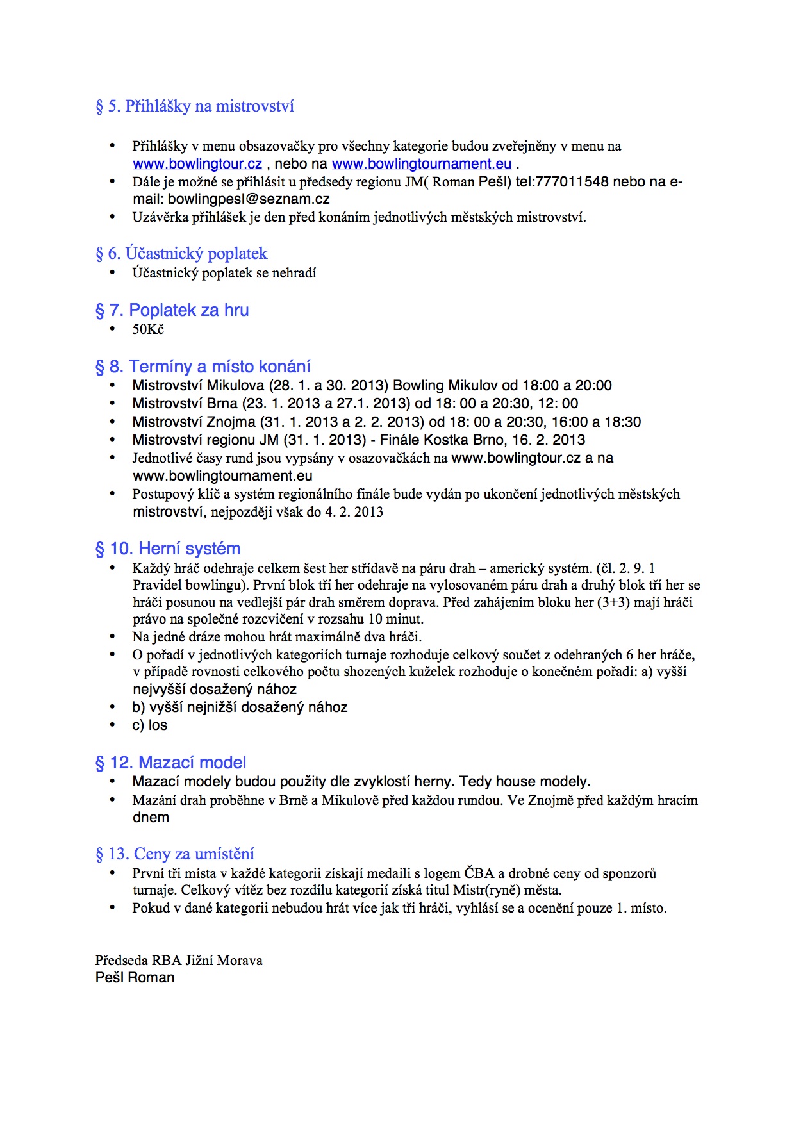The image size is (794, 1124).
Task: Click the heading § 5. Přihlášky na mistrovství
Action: (195, 106)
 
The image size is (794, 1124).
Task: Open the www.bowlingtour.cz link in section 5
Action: (197, 164)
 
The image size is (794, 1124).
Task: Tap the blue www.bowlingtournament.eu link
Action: (422, 164)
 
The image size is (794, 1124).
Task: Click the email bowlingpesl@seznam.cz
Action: (249, 199)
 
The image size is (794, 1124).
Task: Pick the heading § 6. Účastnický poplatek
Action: (181, 254)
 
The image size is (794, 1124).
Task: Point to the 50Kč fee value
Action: (148, 329)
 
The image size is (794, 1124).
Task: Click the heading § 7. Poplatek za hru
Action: (172, 310)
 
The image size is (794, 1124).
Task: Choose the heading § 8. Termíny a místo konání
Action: (203, 367)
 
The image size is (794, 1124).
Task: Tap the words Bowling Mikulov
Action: (445, 386)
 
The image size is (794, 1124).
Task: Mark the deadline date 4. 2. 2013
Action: (354, 512)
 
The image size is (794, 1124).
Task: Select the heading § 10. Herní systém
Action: (168, 549)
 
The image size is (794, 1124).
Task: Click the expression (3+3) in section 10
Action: (613, 602)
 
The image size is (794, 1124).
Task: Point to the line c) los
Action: (150, 725)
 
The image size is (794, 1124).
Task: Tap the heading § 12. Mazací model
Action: (171, 763)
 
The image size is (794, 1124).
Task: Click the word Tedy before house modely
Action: (476, 782)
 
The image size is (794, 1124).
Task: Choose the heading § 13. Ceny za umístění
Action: (175, 854)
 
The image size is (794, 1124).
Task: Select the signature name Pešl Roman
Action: (135, 978)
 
